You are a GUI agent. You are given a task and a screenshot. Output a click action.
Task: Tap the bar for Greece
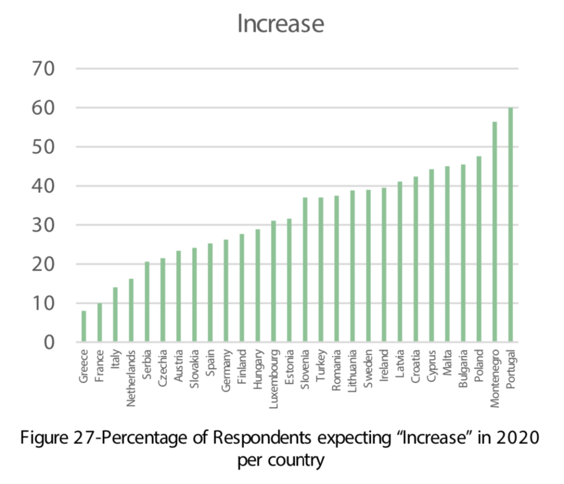click(84, 326)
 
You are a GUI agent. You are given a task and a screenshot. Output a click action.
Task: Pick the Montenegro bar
click(495, 232)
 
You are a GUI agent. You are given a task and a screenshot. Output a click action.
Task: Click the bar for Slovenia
click(305, 270)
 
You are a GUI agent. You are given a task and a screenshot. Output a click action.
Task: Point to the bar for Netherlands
click(131, 310)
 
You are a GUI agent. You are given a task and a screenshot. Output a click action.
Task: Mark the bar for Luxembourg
click(273, 281)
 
